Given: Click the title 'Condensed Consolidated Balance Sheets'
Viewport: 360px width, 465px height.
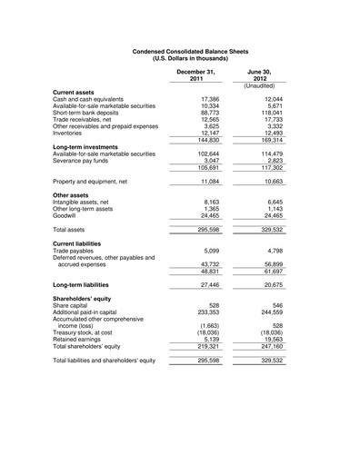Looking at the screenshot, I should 179,53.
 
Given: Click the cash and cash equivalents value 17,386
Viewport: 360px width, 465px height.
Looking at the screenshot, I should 205,99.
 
